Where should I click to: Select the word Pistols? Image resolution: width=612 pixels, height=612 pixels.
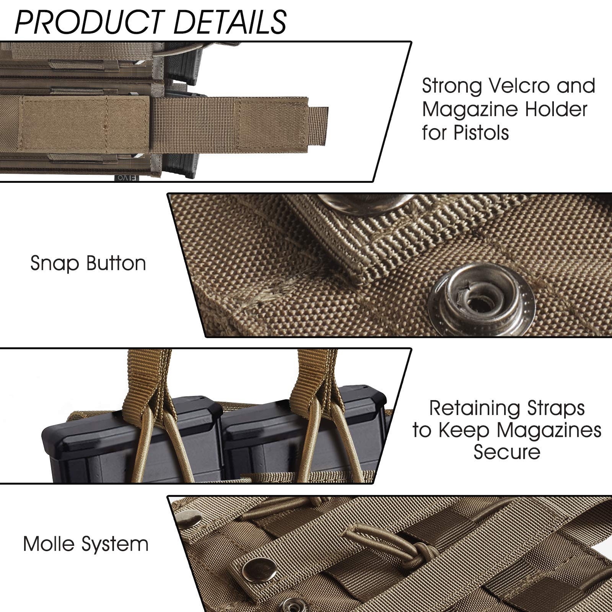click(x=481, y=133)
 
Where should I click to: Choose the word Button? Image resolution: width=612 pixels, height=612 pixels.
click(x=116, y=264)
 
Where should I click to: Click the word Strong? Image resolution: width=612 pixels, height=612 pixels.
click(x=452, y=86)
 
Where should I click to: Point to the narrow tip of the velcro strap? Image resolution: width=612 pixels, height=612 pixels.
click(x=318, y=125)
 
